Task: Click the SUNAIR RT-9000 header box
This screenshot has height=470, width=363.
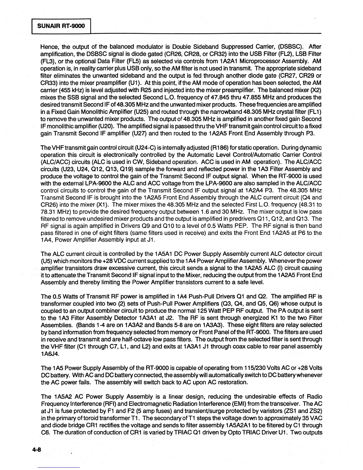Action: click(x=61, y=26)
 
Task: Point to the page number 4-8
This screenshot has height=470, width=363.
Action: click(x=37, y=450)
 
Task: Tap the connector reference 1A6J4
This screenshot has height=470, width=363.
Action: click(x=49, y=354)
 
